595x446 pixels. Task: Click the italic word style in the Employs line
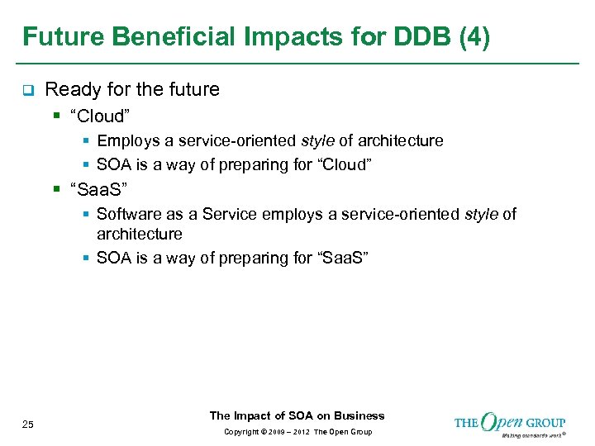coord(317,141)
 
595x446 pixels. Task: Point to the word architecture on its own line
coord(139,234)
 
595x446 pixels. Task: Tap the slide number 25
coord(28,425)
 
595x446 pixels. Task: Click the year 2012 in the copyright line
coord(301,432)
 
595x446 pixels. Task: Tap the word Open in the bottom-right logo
coord(502,423)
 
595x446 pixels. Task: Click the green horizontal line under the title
coord(297,64)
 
